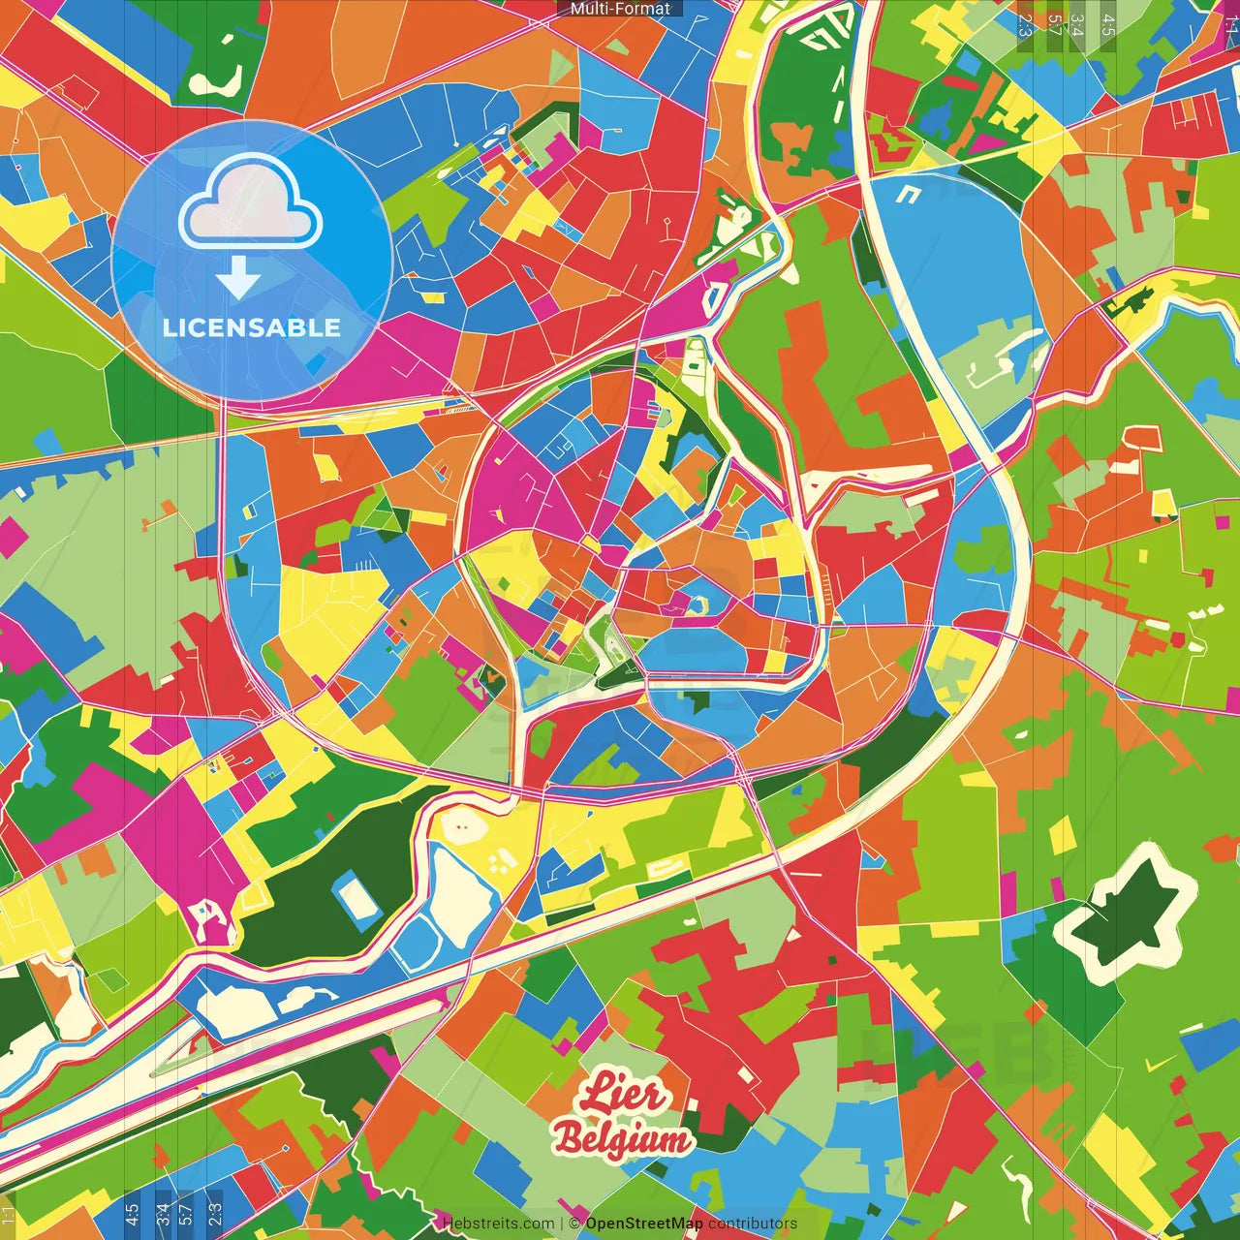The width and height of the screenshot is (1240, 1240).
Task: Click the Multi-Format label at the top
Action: click(x=620, y=9)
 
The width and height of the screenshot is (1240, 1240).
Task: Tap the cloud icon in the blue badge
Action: click(x=251, y=203)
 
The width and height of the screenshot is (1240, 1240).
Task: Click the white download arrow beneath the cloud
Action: click(x=238, y=279)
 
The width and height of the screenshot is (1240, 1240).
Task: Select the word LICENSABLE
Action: click(x=252, y=327)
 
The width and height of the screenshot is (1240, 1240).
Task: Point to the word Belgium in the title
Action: click(x=622, y=1139)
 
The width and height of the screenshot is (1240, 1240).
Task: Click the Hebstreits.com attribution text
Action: click(x=498, y=1224)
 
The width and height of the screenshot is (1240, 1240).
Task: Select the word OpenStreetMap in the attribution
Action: click(x=644, y=1224)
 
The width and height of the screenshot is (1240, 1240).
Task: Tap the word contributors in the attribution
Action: click(x=753, y=1224)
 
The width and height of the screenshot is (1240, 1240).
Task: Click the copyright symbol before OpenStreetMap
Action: click(x=575, y=1224)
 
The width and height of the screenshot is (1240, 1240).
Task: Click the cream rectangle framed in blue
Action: click(x=357, y=898)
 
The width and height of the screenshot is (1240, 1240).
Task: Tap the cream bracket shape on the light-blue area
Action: click(x=908, y=194)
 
